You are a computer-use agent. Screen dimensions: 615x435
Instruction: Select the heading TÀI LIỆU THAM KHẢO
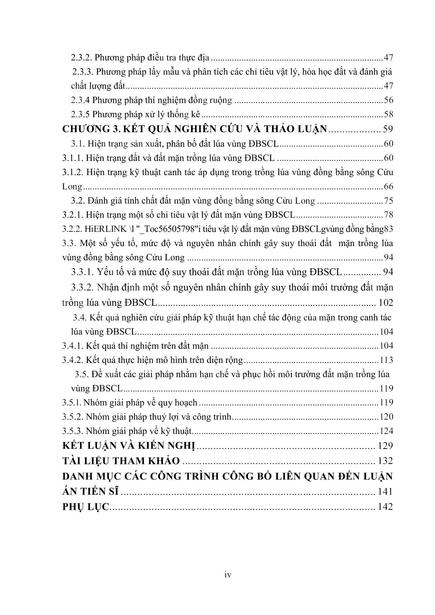pos(121,461)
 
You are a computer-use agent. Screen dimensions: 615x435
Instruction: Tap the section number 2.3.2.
pos(81,58)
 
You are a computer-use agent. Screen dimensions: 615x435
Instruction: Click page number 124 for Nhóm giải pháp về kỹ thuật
pos(386,431)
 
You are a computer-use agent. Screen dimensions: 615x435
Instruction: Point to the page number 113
pos(386,360)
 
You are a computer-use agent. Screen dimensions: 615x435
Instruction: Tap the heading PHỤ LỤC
pos(85,507)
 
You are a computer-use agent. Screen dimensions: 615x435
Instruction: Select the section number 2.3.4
pos(80,101)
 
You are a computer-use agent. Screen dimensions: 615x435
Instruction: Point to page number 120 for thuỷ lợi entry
pos(386,417)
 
